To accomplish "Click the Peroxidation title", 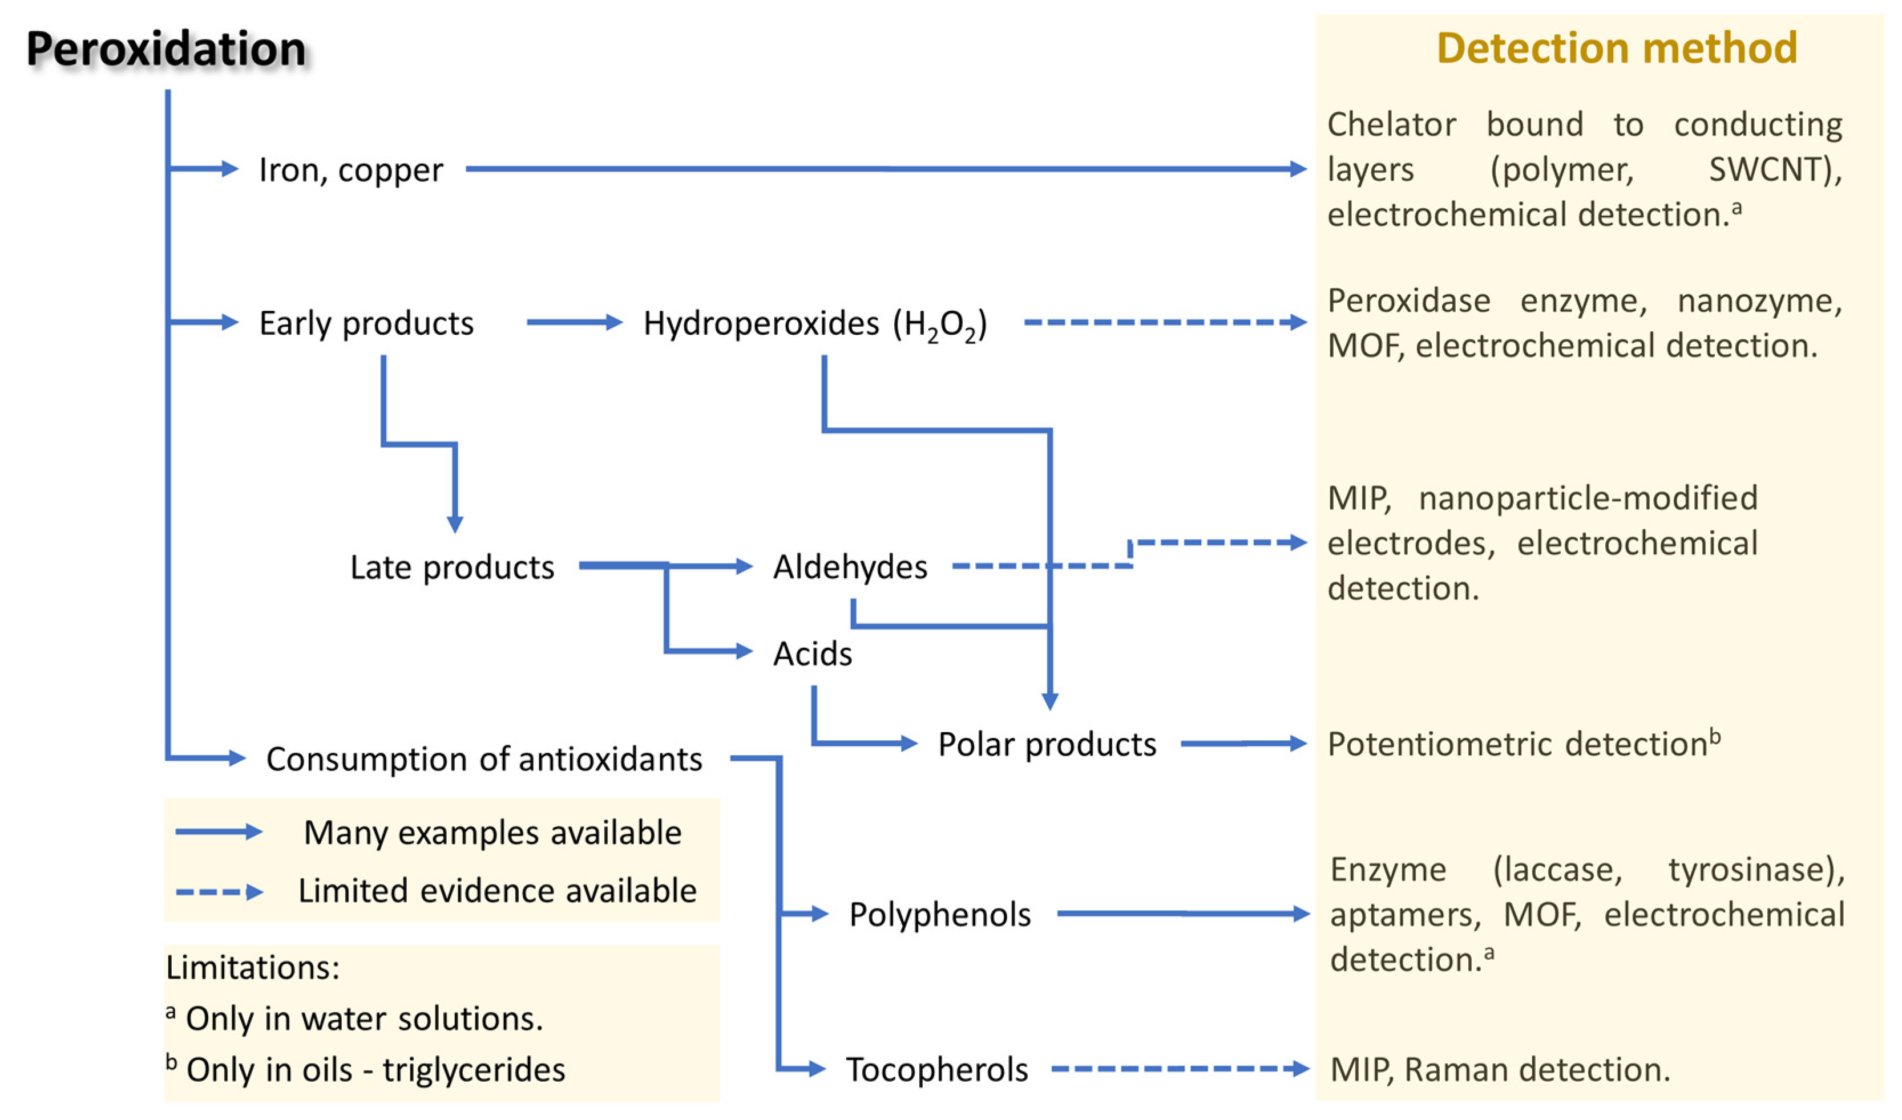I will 166,49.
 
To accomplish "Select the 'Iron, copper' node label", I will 351,170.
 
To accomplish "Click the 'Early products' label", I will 366,323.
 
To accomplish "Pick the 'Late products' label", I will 451,567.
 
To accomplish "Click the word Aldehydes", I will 850,567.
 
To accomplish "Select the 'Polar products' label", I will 1047,744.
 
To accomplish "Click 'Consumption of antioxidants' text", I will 484,759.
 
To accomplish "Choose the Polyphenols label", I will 939,915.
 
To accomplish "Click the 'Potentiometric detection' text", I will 1518,744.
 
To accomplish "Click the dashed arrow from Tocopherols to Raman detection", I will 1178,1069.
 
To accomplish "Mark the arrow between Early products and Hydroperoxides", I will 574,322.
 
